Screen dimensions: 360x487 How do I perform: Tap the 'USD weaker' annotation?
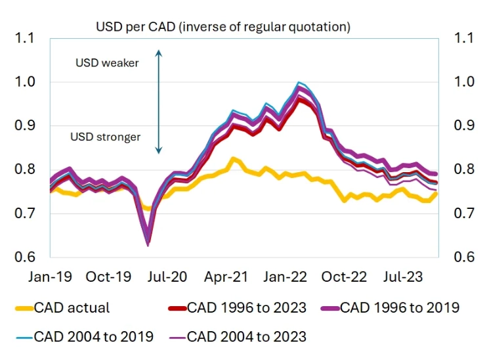(x=106, y=63)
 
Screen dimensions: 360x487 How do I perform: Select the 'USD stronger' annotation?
(x=105, y=137)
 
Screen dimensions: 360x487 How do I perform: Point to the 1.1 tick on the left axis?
(x=24, y=38)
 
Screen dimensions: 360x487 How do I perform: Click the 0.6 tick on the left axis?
(x=24, y=257)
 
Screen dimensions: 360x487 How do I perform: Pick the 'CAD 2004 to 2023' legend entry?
(x=246, y=336)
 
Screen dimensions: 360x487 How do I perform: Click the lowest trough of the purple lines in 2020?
(x=148, y=244)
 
